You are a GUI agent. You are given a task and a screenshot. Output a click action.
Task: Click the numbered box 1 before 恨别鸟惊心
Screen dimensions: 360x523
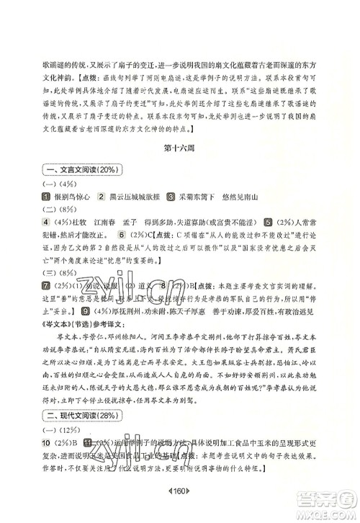45,216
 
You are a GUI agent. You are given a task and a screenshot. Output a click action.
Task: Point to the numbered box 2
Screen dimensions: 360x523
101,216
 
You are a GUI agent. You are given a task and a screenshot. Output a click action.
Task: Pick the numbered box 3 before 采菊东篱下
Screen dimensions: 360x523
171,216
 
